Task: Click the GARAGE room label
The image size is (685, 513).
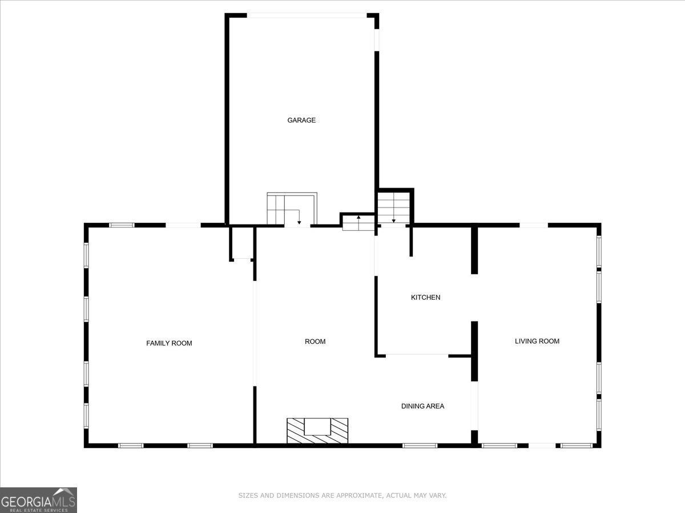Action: click(301, 120)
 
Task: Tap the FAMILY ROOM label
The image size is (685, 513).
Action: click(169, 343)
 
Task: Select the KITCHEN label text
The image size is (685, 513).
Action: click(426, 298)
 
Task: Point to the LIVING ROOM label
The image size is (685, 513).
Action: click(537, 341)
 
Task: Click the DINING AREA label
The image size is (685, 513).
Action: click(422, 406)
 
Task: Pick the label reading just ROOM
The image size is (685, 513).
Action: click(315, 341)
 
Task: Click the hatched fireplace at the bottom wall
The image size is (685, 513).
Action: click(317, 430)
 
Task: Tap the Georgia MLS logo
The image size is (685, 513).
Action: click(38, 500)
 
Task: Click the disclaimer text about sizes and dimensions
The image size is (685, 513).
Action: click(342, 495)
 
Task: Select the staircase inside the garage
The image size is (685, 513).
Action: click(291, 209)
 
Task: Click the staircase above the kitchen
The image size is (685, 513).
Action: click(393, 207)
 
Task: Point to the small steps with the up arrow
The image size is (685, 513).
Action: click(358, 223)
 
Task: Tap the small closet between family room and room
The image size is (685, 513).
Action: click(242, 243)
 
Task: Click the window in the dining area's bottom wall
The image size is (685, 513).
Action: click(420, 445)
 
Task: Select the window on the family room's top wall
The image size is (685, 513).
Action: click(122, 225)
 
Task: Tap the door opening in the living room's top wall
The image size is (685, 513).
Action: click(533, 225)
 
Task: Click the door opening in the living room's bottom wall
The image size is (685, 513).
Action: click(541, 445)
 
